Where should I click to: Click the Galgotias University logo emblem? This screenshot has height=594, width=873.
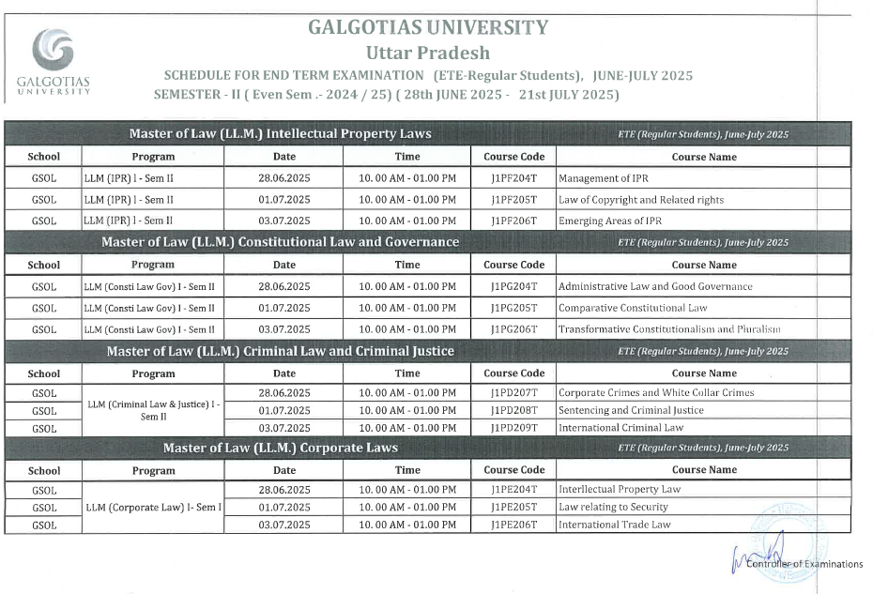pyautogui.click(x=53, y=50)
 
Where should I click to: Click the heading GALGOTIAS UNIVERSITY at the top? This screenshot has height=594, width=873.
pyautogui.click(x=427, y=27)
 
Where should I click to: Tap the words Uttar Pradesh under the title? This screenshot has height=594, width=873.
pyautogui.click(x=427, y=53)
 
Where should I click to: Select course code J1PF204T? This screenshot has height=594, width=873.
pyautogui.click(x=513, y=177)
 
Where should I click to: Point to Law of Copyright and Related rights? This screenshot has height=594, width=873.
pyautogui.click(x=641, y=199)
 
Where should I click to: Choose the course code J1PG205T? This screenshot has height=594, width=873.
pyautogui.click(x=513, y=308)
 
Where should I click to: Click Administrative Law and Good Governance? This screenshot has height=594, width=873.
pyautogui.click(x=655, y=286)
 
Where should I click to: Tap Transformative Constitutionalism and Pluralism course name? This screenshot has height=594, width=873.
pyautogui.click(x=669, y=329)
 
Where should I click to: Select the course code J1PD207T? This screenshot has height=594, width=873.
pyautogui.click(x=513, y=393)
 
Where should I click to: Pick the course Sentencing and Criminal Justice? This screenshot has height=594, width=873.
pyautogui.click(x=631, y=410)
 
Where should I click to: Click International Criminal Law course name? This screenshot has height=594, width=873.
pyautogui.click(x=620, y=428)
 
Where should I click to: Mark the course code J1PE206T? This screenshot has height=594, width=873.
pyautogui.click(x=513, y=525)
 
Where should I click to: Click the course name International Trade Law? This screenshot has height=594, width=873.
pyautogui.click(x=615, y=525)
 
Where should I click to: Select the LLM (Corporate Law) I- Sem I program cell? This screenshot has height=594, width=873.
pyautogui.click(x=153, y=507)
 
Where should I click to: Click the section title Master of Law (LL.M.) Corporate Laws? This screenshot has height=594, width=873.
pyautogui.click(x=280, y=448)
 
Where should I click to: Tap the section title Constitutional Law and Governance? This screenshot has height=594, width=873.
pyautogui.click(x=280, y=242)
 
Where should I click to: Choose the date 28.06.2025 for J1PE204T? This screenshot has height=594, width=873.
pyautogui.click(x=283, y=490)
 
